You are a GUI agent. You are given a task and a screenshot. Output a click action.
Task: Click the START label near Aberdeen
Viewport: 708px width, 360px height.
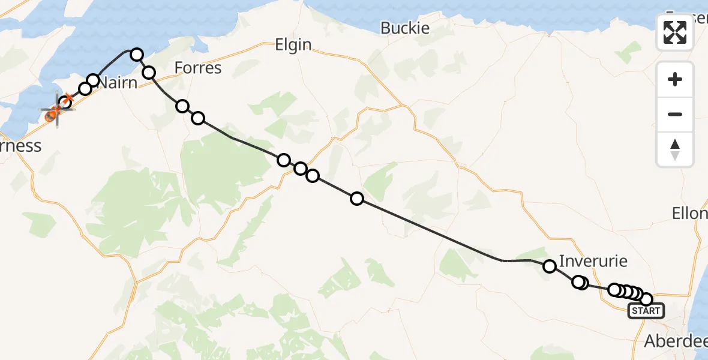pos(646,311)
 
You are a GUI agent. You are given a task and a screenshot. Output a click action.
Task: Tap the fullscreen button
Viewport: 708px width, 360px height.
pos(675,32)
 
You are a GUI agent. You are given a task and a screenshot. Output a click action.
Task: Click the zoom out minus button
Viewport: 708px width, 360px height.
pos(675,114)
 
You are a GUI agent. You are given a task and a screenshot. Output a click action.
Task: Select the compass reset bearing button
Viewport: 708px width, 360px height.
pos(675,149)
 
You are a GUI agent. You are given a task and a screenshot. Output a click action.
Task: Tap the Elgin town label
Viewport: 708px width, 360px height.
pos(293,44)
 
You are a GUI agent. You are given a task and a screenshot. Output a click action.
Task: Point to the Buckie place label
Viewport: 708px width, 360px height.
pos(405,28)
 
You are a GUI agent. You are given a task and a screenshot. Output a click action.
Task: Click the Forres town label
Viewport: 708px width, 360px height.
pos(198,68)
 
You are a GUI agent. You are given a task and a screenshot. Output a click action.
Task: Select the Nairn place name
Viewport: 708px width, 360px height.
pos(118,82)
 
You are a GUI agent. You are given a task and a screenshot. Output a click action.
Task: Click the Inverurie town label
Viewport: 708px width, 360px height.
pos(593,261)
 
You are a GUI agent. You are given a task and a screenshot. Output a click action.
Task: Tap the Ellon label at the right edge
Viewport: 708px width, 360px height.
pos(689,214)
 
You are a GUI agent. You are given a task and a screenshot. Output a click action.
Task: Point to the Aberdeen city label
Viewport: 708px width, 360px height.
pos(675,341)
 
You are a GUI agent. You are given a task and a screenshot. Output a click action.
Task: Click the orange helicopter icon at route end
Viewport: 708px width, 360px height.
pos(53,111)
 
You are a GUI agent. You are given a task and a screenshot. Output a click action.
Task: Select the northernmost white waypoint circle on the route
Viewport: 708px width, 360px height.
pos(137,55)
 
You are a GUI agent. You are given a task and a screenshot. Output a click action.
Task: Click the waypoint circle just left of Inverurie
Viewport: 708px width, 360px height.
pos(550,266)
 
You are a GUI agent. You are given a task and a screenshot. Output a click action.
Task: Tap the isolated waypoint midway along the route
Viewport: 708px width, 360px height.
pos(357,199)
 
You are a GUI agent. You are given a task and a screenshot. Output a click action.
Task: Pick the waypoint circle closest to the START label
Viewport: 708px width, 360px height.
pos(646,299)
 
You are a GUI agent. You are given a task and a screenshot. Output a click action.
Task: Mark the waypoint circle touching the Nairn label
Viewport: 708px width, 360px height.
pos(93,80)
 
